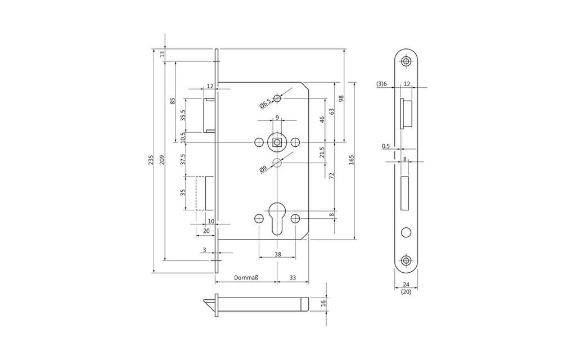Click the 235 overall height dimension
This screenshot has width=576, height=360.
[x=151, y=160]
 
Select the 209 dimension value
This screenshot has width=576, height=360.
[x=162, y=160]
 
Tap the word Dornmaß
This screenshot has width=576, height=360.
[x=246, y=278]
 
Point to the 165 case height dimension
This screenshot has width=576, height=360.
[x=351, y=160]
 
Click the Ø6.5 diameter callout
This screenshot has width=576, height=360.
[x=265, y=103]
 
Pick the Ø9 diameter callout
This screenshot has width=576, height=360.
[x=263, y=169]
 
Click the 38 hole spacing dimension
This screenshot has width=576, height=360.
[x=278, y=254]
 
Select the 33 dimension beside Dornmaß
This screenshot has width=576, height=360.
[x=292, y=278]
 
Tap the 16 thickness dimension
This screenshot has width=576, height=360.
[x=323, y=303]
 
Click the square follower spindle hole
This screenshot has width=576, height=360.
[x=277, y=142]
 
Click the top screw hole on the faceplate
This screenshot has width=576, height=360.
[x=406, y=61]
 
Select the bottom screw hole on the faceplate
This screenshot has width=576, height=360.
[x=406, y=260]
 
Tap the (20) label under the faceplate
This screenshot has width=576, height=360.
[x=406, y=292]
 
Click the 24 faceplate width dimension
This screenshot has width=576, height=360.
[x=406, y=284]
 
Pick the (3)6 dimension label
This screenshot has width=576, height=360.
[x=382, y=84]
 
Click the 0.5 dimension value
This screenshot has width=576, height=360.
[x=386, y=146]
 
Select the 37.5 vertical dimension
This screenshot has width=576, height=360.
[x=183, y=159]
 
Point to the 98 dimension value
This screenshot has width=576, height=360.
[x=341, y=98]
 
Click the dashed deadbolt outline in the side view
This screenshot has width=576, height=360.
[x=200, y=193]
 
